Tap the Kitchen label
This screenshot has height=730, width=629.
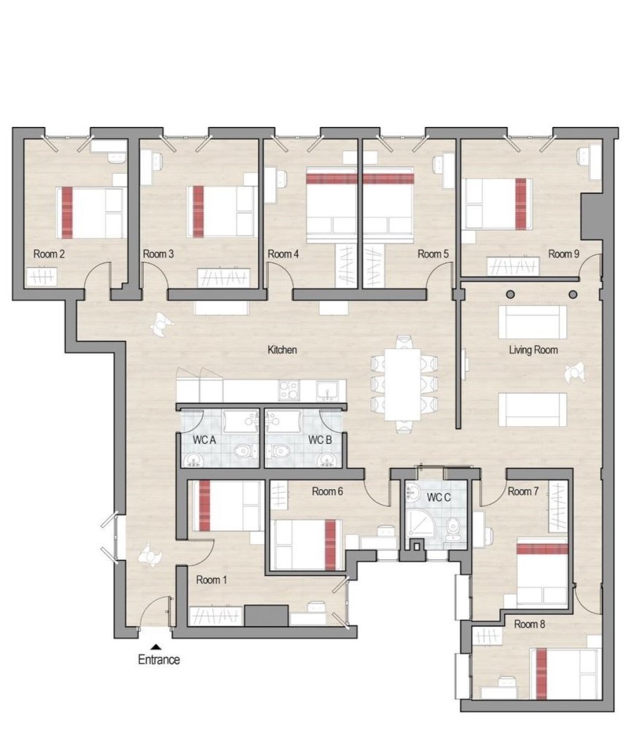(x=282, y=350)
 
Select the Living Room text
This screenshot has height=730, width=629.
(x=533, y=350)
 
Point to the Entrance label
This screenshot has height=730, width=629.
(x=159, y=660)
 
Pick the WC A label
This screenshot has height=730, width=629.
(x=204, y=440)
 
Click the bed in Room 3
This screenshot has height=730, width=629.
(x=223, y=211)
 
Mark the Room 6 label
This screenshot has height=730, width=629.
(x=328, y=491)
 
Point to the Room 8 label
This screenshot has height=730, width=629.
(x=529, y=624)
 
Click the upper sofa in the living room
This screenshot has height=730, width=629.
(x=532, y=322)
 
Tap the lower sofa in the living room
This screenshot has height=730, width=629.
(x=532, y=409)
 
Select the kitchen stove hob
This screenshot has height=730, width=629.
(x=290, y=390)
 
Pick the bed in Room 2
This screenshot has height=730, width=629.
(x=90, y=212)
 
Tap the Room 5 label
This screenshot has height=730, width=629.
(x=432, y=254)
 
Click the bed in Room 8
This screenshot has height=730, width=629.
(x=568, y=673)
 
